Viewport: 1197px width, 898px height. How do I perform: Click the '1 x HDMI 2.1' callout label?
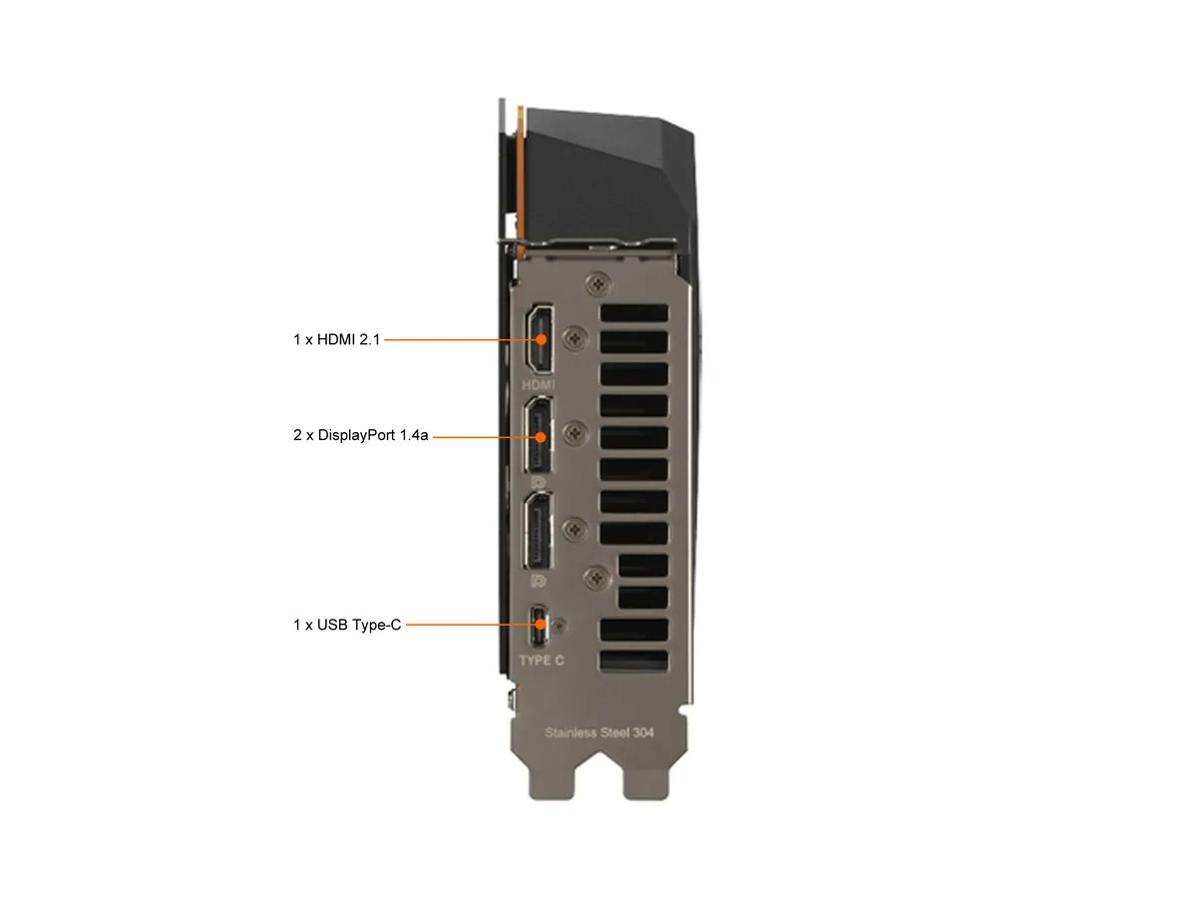[336, 339]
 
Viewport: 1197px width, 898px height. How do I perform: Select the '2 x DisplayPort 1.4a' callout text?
[360, 435]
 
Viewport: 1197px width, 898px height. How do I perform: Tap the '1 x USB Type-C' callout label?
[347, 625]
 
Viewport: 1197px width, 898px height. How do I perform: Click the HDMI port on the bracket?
[539, 339]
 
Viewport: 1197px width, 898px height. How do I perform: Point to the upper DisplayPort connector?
[538, 435]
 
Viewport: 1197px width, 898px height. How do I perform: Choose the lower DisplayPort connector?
[538, 531]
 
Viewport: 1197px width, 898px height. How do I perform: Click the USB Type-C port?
[539, 625]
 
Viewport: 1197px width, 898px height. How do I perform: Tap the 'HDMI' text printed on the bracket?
[539, 385]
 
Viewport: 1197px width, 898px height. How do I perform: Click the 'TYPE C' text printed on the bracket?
[542, 661]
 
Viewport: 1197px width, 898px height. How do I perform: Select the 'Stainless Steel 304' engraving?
[598, 732]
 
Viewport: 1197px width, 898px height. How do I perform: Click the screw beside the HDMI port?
[575, 338]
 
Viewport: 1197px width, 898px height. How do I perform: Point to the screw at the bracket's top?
[598, 283]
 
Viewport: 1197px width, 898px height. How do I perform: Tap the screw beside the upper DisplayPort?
[575, 433]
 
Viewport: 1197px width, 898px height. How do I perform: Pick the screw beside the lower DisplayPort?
[575, 530]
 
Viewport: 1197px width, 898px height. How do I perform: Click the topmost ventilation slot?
[633, 313]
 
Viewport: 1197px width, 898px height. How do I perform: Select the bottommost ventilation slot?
[633, 661]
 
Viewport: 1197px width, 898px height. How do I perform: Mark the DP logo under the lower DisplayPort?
[539, 582]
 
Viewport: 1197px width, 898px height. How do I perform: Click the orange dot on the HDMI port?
[541, 339]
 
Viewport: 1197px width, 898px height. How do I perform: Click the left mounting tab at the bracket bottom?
[552, 779]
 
